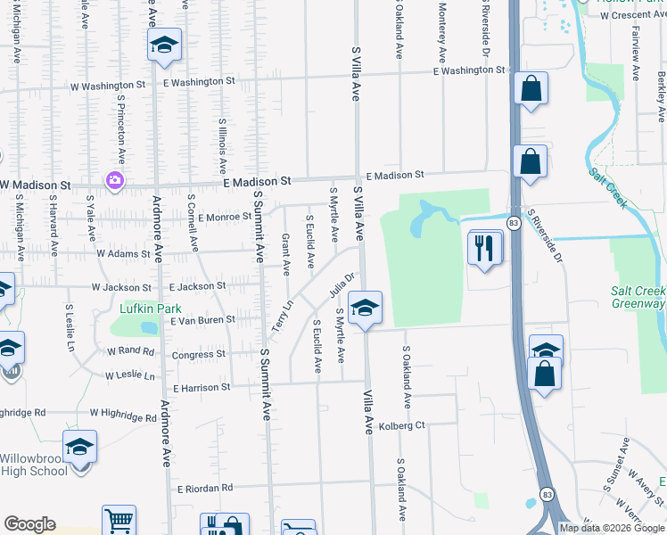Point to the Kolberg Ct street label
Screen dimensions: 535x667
pyautogui.click(x=400, y=425)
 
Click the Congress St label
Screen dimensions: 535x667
pyautogui.click(x=198, y=354)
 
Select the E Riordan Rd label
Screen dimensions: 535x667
pyautogui.click(x=204, y=488)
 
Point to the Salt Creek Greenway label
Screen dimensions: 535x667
pyautogui.click(x=638, y=297)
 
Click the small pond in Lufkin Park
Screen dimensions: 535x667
pyautogui.click(x=148, y=327)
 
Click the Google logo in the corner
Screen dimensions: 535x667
pyautogui.click(x=29, y=524)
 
